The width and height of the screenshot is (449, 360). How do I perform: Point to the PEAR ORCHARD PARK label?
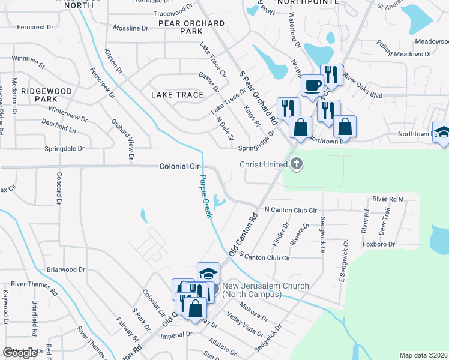[191, 27]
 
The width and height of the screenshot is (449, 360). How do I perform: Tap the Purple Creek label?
[206, 196]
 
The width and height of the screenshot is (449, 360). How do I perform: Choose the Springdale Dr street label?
[64, 148]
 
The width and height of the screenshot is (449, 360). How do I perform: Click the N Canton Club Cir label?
[291, 211]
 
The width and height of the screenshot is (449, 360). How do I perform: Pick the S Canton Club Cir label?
[265, 257]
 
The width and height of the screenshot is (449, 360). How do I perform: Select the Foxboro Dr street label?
[379, 244]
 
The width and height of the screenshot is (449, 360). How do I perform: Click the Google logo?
[20, 353]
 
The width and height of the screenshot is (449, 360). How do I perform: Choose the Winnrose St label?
[29, 59]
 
